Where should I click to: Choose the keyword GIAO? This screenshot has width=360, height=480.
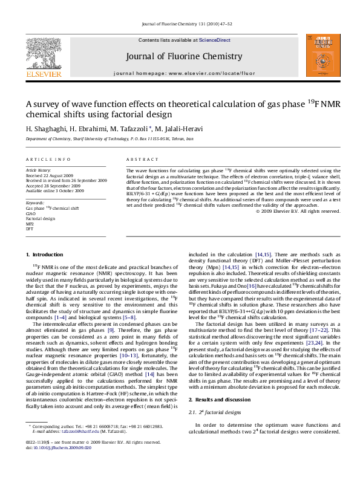click(x=31, y=213)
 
